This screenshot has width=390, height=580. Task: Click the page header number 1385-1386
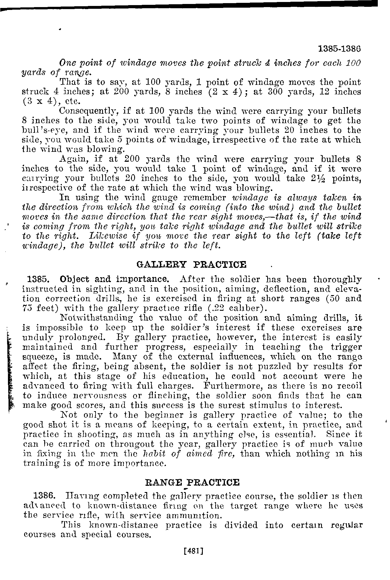[339, 49]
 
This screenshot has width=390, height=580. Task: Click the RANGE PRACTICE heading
[192, 482]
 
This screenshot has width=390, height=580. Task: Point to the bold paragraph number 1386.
[43, 496]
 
